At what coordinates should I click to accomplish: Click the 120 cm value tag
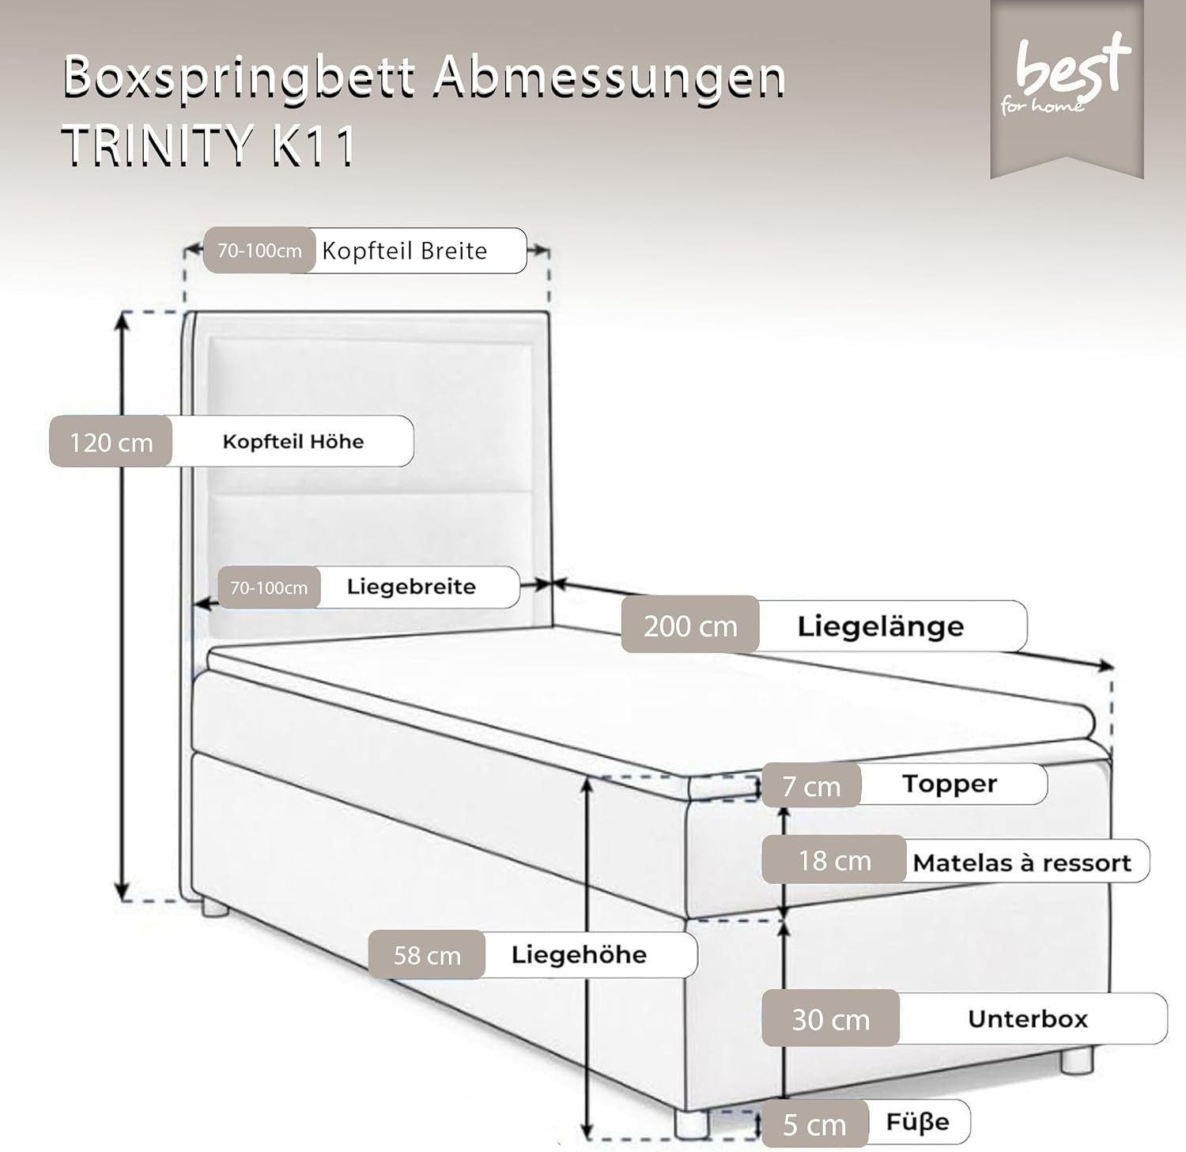click(111, 441)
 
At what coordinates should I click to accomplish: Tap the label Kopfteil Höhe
click(293, 441)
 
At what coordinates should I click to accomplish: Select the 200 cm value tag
click(690, 625)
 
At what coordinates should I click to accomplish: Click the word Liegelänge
click(880, 625)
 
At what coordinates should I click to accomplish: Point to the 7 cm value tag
click(811, 786)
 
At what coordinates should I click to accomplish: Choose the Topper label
click(950, 784)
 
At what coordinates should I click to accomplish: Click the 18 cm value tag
click(834, 860)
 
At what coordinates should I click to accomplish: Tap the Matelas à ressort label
click(1022, 862)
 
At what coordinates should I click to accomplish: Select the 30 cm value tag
click(830, 1019)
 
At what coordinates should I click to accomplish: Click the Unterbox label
click(1028, 1018)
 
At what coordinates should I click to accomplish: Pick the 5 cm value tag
click(814, 1124)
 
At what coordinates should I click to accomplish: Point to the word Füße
click(917, 1121)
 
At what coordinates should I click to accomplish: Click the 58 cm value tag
click(427, 955)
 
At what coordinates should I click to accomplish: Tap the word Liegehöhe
click(579, 954)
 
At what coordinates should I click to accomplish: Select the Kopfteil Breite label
click(404, 251)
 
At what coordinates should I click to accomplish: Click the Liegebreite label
click(411, 587)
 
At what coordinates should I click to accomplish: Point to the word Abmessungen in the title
click(609, 77)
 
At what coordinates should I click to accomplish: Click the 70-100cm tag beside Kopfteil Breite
click(259, 251)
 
